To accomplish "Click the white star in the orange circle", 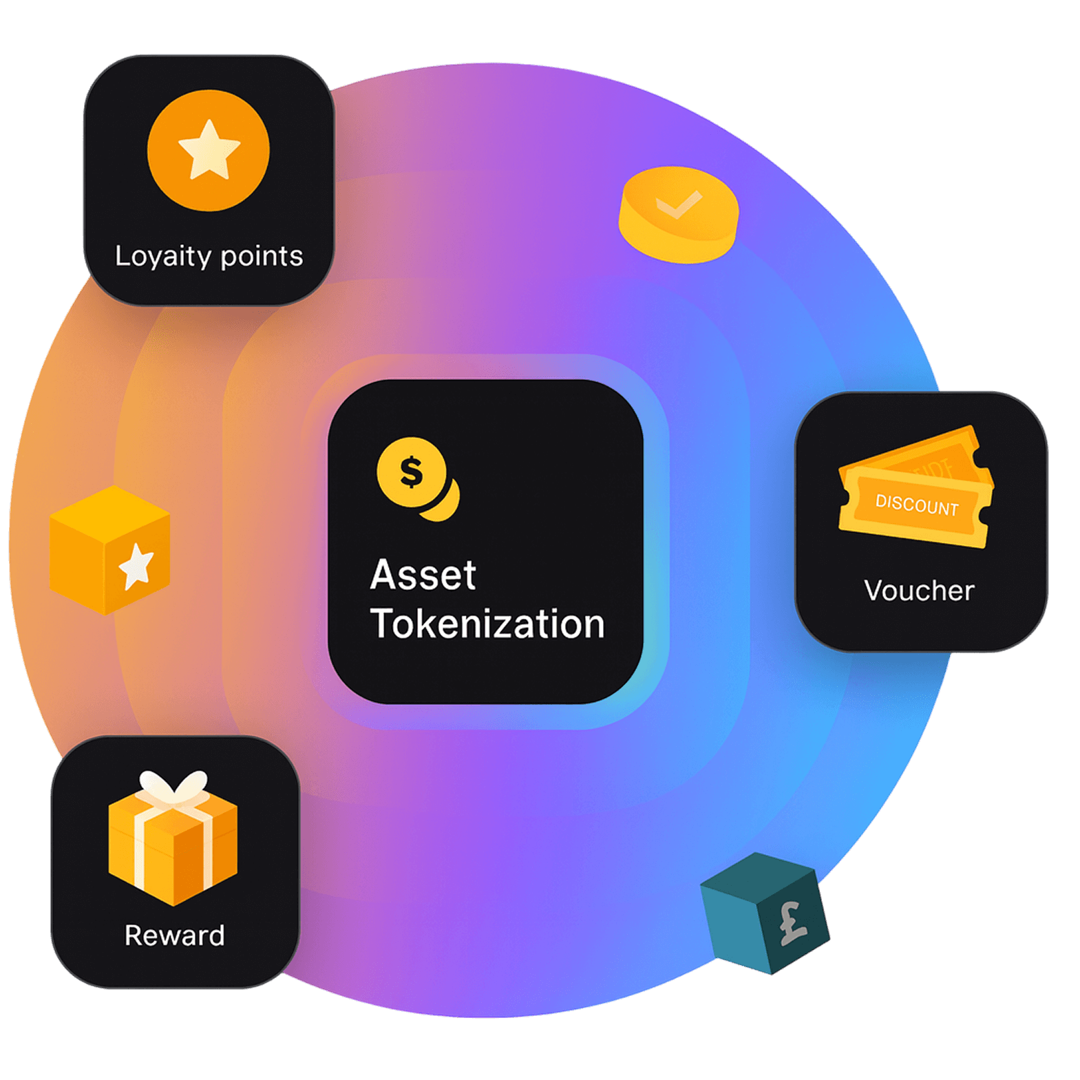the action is coord(209,149).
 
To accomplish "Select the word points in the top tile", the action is coord(262,257).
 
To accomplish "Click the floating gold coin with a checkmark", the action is coord(678,215).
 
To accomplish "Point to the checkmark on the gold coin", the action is coord(678,204).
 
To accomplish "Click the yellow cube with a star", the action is coord(109,550).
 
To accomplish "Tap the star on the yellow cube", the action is coord(136,566).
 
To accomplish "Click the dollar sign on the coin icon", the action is coord(412,472).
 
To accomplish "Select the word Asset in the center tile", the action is coord(423,575).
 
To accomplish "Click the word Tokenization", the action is coord(487,624).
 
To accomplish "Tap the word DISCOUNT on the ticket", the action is coord(917,505).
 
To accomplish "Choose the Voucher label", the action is coord(919,591).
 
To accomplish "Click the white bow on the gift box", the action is coord(173,787).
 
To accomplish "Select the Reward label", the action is coord(174,935).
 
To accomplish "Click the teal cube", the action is coord(765,913).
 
